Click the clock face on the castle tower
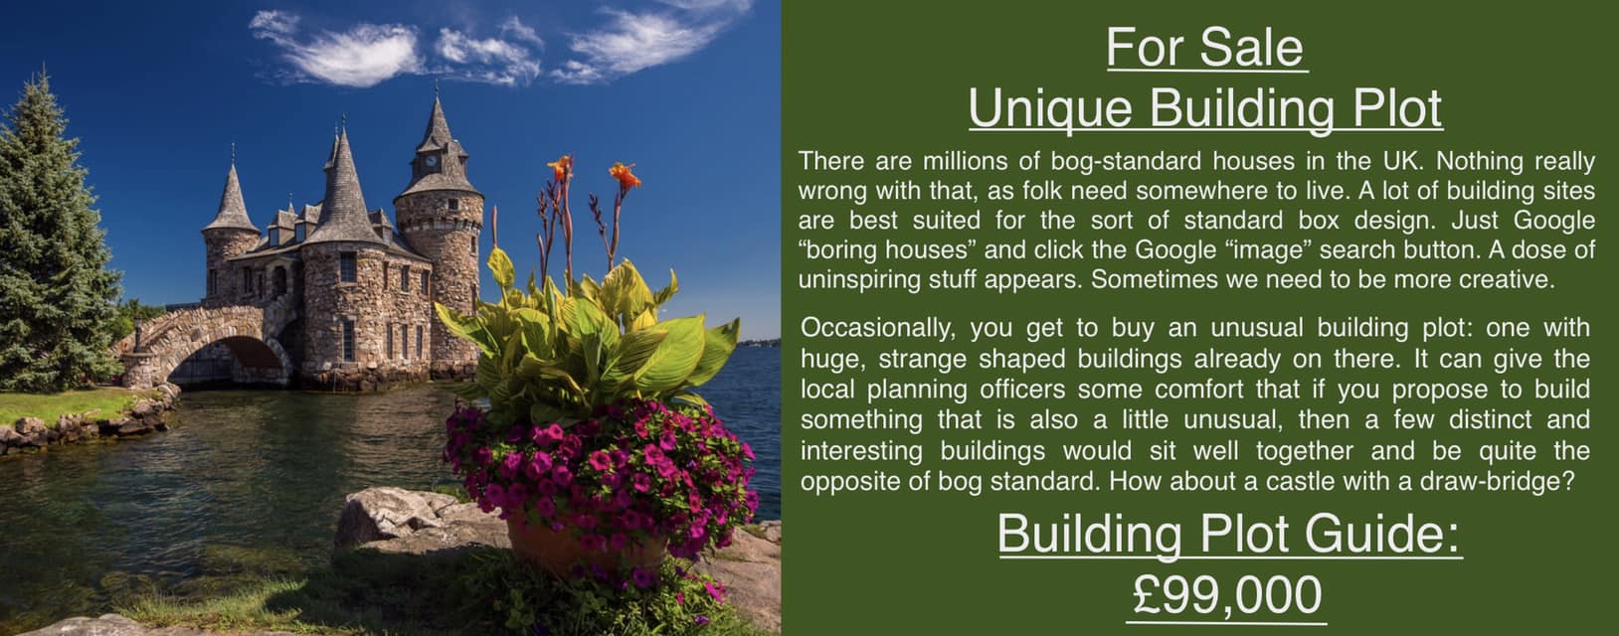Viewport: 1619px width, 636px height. point(432,161)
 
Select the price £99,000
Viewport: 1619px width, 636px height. point(1226,595)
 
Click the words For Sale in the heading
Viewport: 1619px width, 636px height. point(1205,47)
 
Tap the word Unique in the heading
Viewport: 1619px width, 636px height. point(1050,109)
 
